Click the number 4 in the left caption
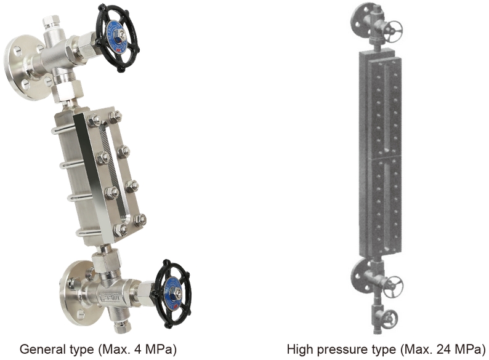coord(137,350)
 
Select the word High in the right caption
coord(299,350)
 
